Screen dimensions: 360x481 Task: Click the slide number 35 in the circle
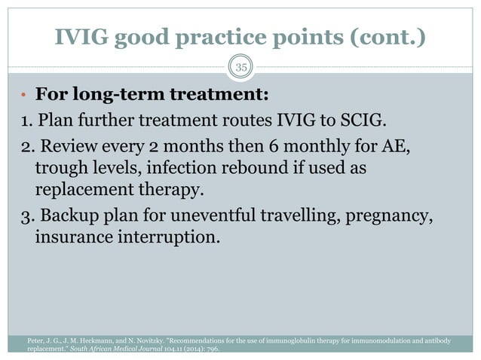(240, 69)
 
